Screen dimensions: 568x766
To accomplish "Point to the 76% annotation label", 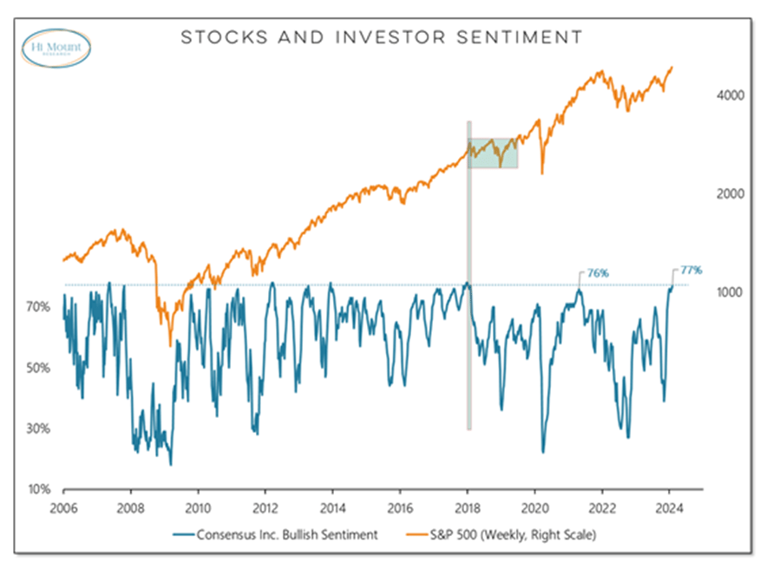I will pyautogui.click(x=597, y=273).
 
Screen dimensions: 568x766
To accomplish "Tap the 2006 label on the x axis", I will pyautogui.click(x=63, y=509).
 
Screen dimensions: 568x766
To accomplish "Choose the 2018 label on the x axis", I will pyautogui.click(x=468, y=509).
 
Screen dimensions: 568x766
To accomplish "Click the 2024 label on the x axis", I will pyautogui.click(x=670, y=509).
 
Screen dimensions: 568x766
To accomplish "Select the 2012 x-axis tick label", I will pyautogui.click(x=265, y=509).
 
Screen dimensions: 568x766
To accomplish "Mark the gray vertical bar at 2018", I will pyautogui.click(x=469, y=347).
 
